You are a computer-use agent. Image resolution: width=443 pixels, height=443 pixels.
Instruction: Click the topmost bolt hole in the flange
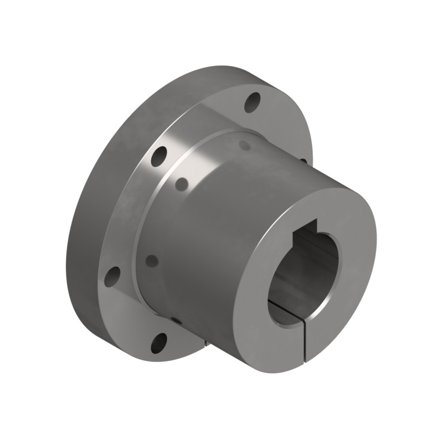(x=253, y=102)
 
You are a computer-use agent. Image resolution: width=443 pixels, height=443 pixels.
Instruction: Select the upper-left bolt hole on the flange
(x=159, y=157)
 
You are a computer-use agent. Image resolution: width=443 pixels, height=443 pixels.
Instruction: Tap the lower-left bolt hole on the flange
(x=112, y=275)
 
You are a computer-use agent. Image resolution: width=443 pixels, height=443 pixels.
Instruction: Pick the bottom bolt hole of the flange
(x=159, y=343)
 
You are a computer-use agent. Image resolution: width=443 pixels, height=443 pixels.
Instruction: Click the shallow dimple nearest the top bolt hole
(x=244, y=145)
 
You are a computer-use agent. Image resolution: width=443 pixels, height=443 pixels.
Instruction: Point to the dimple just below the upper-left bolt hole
(x=180, y=183)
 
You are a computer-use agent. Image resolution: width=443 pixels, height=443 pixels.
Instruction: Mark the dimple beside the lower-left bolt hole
(x=152, y=260)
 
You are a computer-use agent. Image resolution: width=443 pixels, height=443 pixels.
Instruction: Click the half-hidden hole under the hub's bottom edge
(x=176, y=320)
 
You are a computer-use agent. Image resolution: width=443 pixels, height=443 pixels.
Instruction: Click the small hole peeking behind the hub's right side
(x=303, y=161)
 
